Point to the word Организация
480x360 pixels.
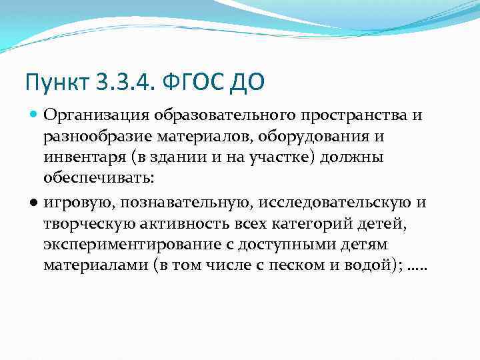pyautogui.click(x=97, y=115)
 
